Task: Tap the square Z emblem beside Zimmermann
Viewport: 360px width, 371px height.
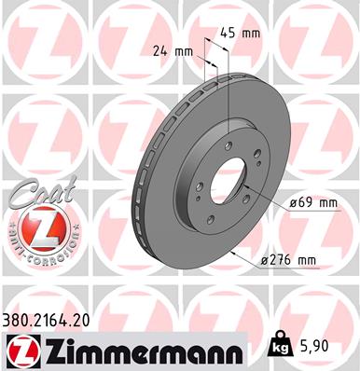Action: coord(21,350)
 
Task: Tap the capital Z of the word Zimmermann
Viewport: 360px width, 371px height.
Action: coord(57,350)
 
